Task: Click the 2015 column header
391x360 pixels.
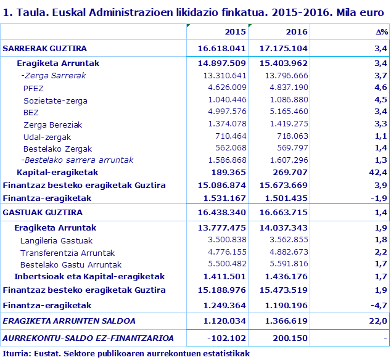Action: (236, 32)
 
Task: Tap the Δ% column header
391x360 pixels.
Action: (381, 32)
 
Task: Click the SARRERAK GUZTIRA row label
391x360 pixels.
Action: (45, 48)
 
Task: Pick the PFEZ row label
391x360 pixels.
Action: (33, 88)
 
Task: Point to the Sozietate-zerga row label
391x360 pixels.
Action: (56, 100)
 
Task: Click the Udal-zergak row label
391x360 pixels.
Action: (47, 136)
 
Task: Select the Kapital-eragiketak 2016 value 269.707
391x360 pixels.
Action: (290, 173)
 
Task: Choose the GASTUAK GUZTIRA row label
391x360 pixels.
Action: (43, 213)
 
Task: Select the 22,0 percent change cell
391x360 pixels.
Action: (378, 321)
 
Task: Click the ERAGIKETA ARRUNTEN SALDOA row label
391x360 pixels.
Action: (69, 321)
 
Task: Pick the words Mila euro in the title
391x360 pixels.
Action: (361, 10)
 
